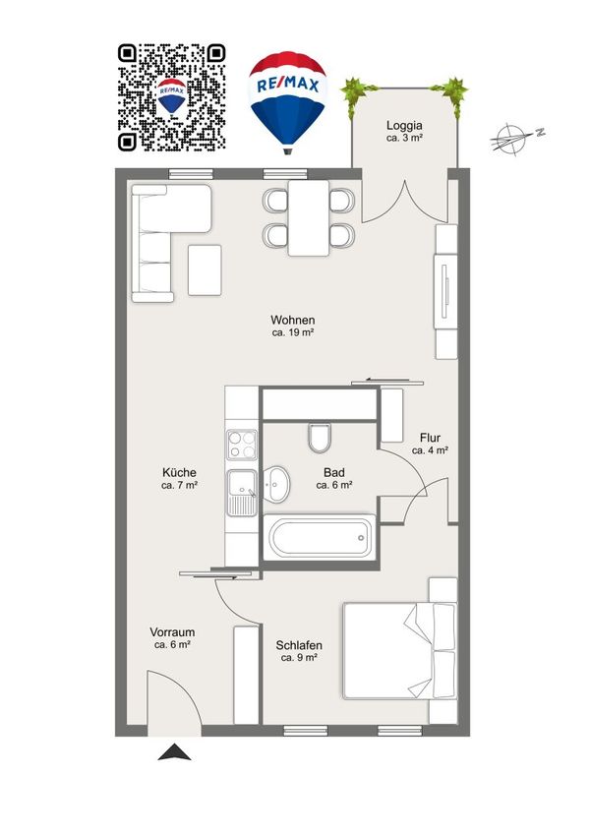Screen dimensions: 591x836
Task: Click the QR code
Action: (x=172, y=97)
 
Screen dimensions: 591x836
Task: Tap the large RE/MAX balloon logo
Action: (x=287, y=102)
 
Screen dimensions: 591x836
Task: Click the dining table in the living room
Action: (x=309, y=218)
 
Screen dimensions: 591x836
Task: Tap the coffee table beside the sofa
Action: (x=205, y=269)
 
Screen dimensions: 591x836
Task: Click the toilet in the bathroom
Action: (x=320, y=439)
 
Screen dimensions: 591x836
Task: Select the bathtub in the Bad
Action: (x=320, y=537)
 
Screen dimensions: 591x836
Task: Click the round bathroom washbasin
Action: (x=276, y=484)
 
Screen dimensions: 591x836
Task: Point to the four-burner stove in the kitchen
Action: (x=241, y=445)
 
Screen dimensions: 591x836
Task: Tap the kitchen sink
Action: (x=242, y=493)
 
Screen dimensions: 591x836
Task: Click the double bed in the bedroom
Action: (x=399, y=650)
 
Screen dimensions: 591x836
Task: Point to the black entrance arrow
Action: (x=175, y=752)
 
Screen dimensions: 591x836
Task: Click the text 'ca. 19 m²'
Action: (x=293, y=332)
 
